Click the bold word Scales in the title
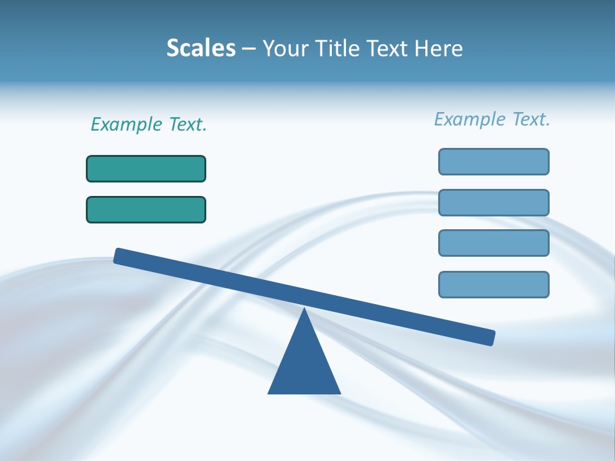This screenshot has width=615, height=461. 201,48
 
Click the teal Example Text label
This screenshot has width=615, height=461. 149,124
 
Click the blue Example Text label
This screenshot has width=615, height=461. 492,119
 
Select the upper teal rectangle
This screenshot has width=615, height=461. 146,168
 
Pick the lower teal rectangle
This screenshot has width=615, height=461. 146,209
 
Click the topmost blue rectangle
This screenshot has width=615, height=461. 494,161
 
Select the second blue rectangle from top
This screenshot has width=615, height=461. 494,202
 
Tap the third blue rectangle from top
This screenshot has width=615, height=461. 494,243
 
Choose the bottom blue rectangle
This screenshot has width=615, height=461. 494,284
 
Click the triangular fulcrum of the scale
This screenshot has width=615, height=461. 304,365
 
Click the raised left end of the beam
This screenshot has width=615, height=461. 122,256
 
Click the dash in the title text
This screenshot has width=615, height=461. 249,49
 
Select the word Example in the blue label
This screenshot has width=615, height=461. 470,119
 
